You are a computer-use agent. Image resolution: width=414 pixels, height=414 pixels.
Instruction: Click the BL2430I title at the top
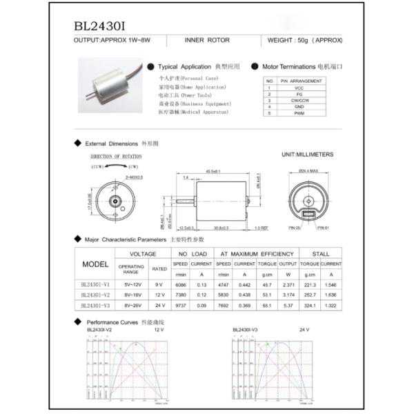[x=99, y=26]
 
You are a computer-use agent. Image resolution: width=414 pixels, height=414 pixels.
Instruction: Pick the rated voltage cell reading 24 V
[x=159, y=304]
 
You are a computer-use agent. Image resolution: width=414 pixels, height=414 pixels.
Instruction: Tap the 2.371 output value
[x=288, y=284]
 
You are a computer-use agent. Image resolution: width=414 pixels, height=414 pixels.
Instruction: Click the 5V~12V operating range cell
[x=131, y=284]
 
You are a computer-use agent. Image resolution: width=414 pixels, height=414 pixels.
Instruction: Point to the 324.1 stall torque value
[x=309, y=304]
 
